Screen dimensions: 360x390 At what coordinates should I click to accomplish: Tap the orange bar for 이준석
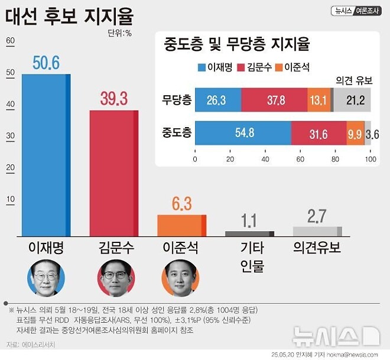(181, 225)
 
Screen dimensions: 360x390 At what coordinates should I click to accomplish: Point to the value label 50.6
(46, 63)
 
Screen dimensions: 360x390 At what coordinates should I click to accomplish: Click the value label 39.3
(114, 99)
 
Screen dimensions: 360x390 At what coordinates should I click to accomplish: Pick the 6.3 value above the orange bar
(181, 204)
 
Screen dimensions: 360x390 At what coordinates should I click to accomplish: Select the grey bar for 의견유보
(317, 231)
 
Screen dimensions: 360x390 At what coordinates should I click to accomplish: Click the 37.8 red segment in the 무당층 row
(274, 100)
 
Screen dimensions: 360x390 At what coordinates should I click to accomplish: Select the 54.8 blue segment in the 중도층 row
(243, 133)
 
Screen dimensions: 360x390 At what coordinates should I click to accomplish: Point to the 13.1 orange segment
(318, 100)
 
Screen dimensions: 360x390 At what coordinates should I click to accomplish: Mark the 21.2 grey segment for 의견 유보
(353, 100)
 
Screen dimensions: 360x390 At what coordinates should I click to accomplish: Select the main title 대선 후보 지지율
(69, 16)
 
